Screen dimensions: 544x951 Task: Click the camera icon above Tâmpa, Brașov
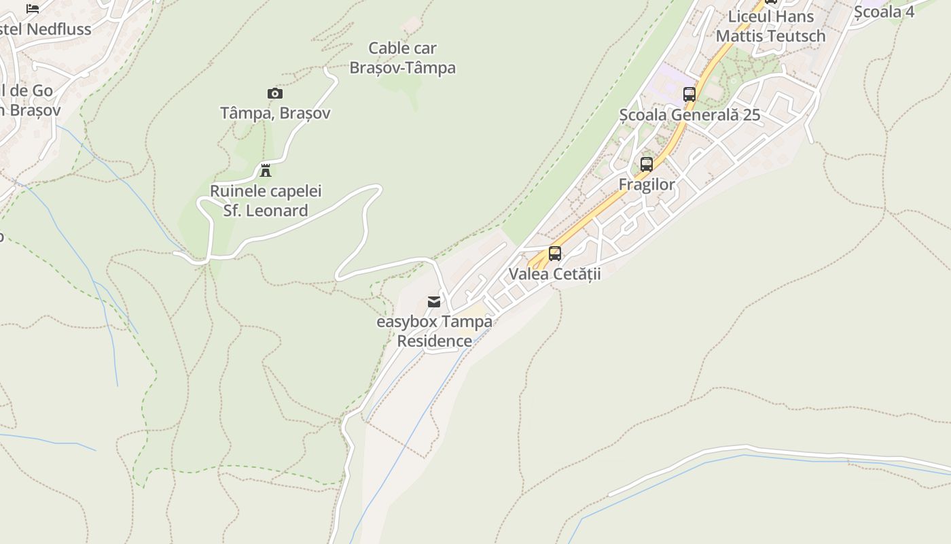(274, 93)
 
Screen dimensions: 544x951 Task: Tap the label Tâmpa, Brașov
(275, 113)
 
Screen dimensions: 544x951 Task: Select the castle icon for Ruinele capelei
(266, 170)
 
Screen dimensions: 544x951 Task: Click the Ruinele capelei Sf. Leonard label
(266, 201)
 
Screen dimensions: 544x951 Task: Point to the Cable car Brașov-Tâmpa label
(402, 58)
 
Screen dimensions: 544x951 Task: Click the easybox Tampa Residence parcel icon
(434, 301)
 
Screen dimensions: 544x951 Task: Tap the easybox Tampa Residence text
(435, 330)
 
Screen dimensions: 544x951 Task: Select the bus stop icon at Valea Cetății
(555, 254)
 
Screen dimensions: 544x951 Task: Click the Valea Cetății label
(555, 273)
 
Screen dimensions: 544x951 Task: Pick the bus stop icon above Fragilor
(647, 164)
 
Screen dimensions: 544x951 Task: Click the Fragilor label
(647, 184)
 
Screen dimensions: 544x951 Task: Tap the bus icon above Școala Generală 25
(689, 94)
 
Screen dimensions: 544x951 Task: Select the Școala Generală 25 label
(689, 114)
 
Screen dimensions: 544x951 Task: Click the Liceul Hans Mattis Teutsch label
(771, 26)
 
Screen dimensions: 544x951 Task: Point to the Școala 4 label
(884, 12)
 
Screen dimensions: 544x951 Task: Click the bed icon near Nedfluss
(33, 8)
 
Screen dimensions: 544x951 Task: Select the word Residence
(435, 341)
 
